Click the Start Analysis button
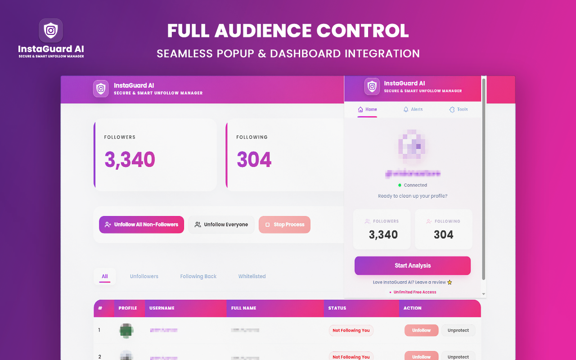[x=412, y=265]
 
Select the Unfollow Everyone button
[x=221, y=225]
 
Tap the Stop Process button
[x=284, y=225]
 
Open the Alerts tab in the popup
[x=413, y=109]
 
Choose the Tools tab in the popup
[x=459, y=109]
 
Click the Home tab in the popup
[x=367, y=109]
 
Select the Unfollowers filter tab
[x=144, y=276]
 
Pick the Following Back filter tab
[x=198, y=276]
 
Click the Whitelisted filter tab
[x=252, y=276]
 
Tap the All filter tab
[x=105, y=276]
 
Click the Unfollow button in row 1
[x=421, y=330]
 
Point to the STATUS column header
[x=337, y=308]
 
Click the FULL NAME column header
[x=243, y=308]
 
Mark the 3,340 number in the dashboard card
[x=130, y=160]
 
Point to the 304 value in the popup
[x=443, y=234]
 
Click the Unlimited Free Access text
[x=415, y=292]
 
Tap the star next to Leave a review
[x=450, y=283]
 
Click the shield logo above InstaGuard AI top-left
[x=51, y=31]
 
